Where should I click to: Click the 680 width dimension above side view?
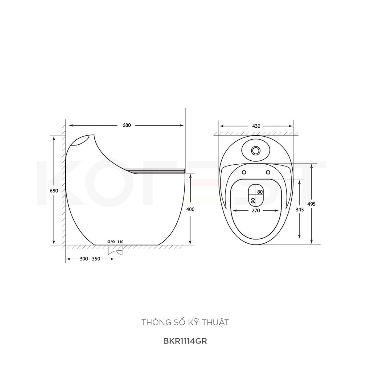(x=126, y=125)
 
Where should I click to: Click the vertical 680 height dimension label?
(x=54, y=191)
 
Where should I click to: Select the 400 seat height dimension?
(x=190, y=209)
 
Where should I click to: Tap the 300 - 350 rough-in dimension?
(x=90, y=259)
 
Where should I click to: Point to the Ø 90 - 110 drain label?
(x=115, y=242)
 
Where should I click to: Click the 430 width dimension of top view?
(x=256, y=126)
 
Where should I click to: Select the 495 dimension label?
(x=311, y=204)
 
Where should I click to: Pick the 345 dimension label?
(x=299, y=209)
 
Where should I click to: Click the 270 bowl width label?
(x=256, y=211)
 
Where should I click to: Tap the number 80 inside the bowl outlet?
(x=260, y=192)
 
